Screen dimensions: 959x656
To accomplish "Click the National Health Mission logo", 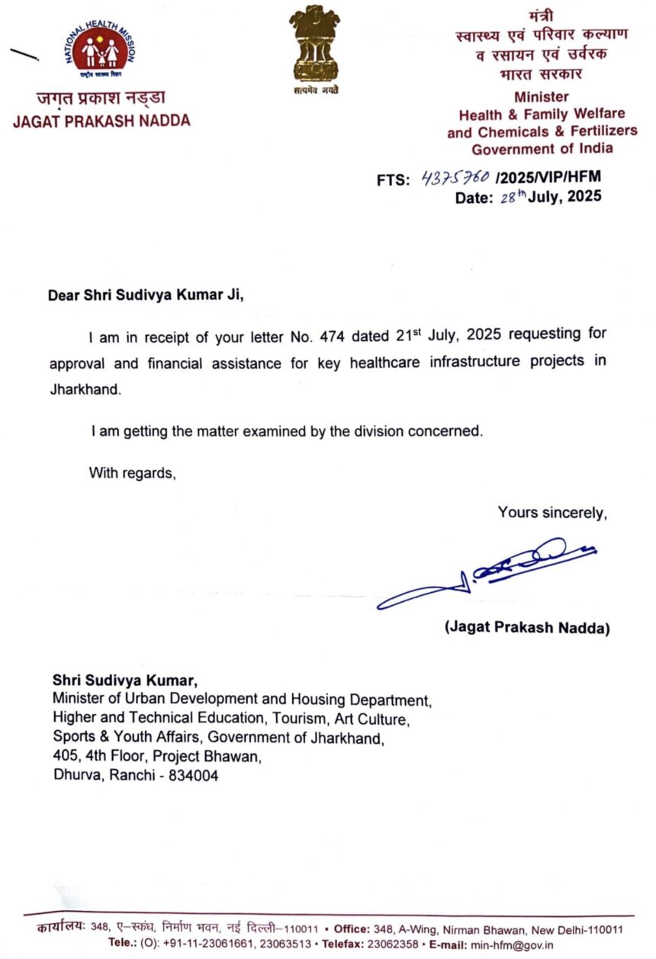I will (101, 51).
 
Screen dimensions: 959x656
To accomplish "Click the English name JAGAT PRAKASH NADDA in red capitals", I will (101, 121).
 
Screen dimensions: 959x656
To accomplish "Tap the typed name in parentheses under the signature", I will (527, 628).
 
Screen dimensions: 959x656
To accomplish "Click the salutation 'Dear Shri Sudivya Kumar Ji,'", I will (146, 295).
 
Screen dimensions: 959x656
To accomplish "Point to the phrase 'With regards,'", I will (133, 472).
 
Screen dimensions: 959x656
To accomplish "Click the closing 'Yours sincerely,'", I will (552, 513).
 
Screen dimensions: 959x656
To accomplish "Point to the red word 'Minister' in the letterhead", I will (542, 97).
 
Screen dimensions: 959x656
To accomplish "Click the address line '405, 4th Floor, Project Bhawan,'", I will (157, 757).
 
